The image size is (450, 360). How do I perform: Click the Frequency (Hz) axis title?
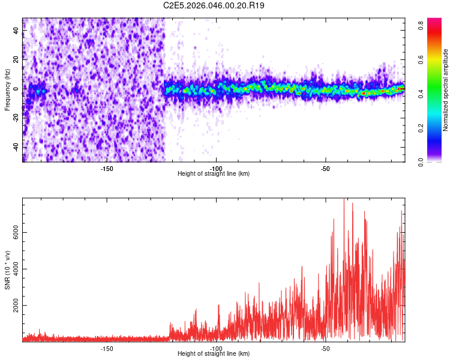[x=7, y=90]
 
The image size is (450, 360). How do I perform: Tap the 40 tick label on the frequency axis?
[x=17, y=31]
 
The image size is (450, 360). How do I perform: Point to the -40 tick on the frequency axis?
[x=17, y=147]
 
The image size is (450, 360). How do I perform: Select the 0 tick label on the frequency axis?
[x=17, y=89]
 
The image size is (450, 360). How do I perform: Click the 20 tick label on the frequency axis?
[x=17, y=60]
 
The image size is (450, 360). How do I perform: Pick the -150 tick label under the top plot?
[x=107, y=168]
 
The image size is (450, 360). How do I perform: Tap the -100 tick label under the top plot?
[x=216, y=168]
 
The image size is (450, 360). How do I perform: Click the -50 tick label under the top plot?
[x=325, y=168]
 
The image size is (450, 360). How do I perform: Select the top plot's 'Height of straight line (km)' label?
[x=214, y=174]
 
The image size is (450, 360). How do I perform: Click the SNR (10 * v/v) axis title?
[x=8, y=270]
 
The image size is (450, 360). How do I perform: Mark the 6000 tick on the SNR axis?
[x=17, y=233]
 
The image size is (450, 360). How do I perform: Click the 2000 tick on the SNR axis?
[x=17, y=306]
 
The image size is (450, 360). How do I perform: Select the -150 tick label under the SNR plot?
[x=107, y=348]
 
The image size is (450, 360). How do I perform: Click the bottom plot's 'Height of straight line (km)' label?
[x=214, y=354]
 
